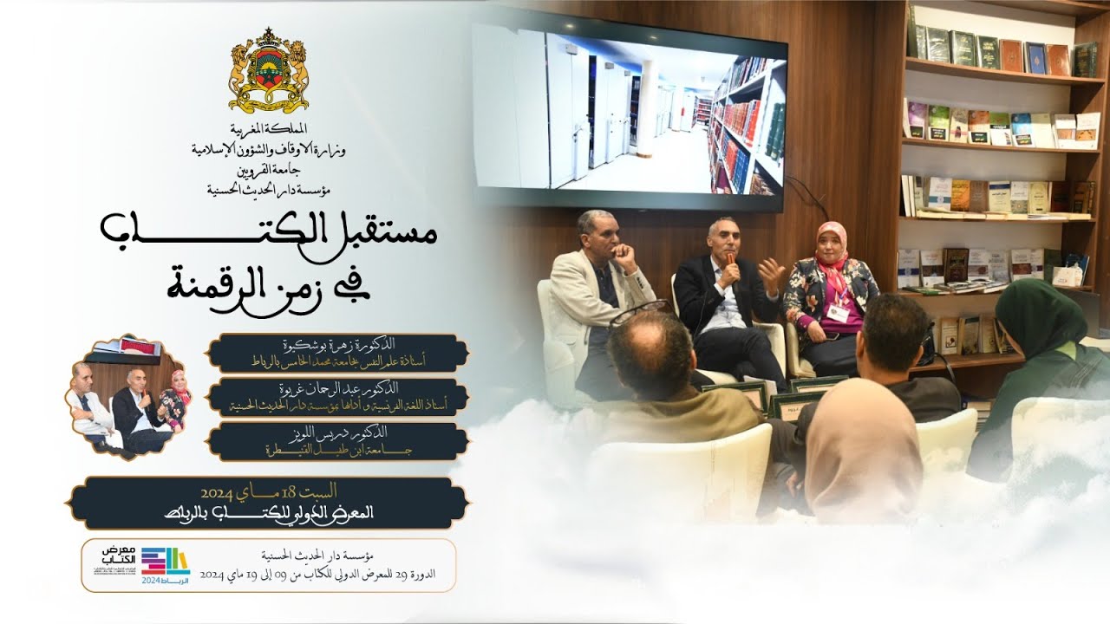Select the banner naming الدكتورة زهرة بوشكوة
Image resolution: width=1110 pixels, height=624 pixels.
pyautogui.click(x=338, y=353)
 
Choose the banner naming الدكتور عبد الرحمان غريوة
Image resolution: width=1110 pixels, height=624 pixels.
pyautogui.click(x=338, y=397)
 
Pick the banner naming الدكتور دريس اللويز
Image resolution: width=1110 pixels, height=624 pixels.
pyautogui.click(x=338, y=441)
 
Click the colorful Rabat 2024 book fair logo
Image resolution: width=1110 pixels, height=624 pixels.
pyautogui.click(x=165, y=564)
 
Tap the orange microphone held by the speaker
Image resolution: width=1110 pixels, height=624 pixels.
pyautogui.click(x=731, y=261)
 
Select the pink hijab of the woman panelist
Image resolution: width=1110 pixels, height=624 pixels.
pyautogui.click(x=832, y=247)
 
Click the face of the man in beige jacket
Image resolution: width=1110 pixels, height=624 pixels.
pyautogui.click(x=597, y=231)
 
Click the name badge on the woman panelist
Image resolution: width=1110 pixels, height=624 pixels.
pyautogui.click(x=838, y=310)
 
